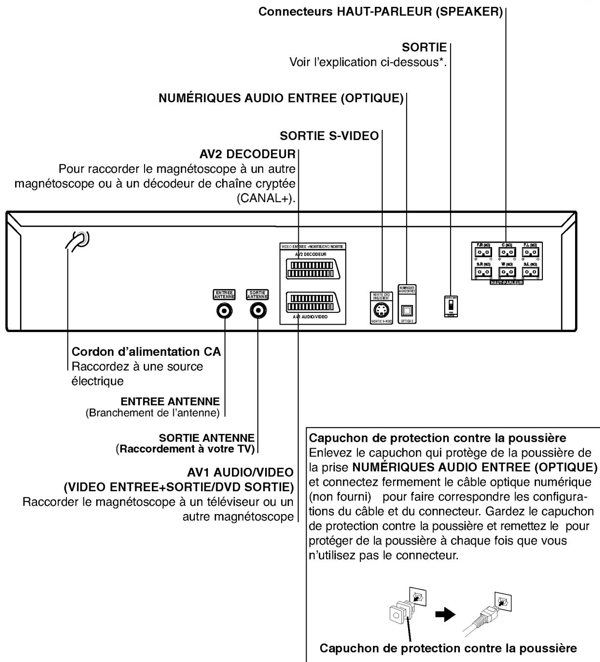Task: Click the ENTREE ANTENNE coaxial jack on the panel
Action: click(225, 310)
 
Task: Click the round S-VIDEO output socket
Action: click(381, 310)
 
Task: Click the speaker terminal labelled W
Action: click(506, 271)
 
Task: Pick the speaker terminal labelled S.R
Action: click(483, 271)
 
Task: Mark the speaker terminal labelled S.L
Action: click(530, 271)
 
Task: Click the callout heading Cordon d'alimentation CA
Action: click(146, 352)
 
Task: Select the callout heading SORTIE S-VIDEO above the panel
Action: click(329, 136)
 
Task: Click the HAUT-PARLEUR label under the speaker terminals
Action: click(506, 282)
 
